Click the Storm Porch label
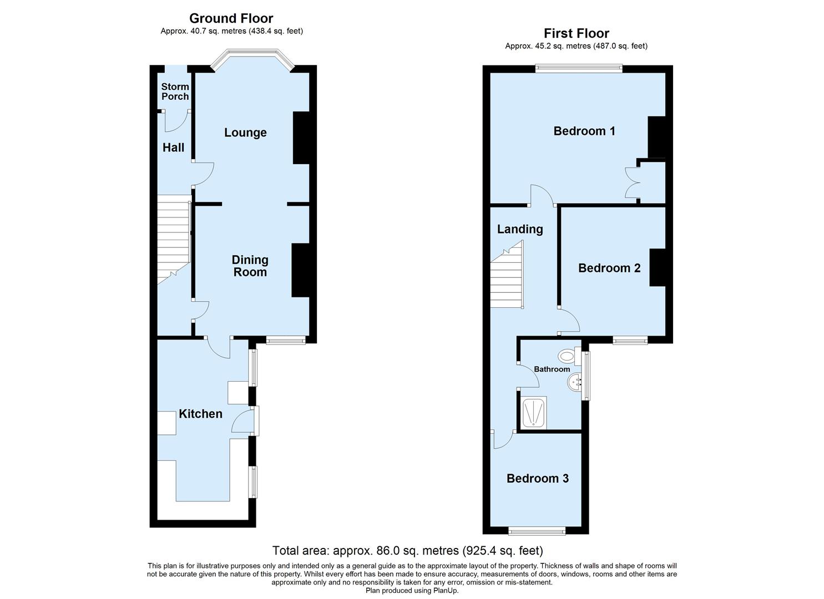pos(175,92)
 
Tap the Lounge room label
pos(245,133)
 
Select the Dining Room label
pos(250,266)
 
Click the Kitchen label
pos(200,414)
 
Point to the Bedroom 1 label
pos(584,131)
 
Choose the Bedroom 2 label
pos(609,268)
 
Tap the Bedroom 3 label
pos(537,478)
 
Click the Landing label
pos(519,229)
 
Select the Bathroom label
pos(552,369)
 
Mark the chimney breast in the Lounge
pos(301,138)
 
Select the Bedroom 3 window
pos(537,531)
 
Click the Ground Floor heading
pos(231,18)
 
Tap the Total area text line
pos(407,551)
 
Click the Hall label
pos(173,148)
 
